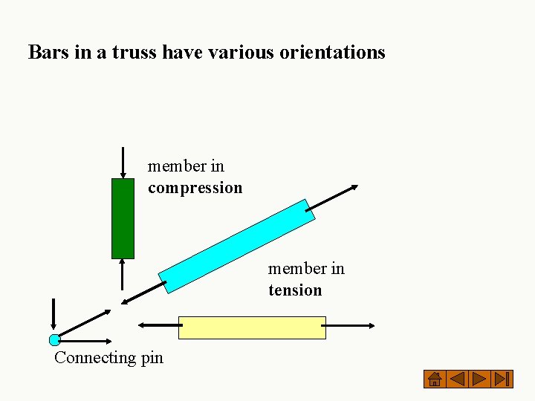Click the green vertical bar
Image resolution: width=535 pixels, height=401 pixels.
(x=123, y=218)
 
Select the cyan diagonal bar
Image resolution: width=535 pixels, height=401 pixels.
(x=237, y=245)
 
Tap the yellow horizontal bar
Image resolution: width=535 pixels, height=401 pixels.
(x=252, y=327)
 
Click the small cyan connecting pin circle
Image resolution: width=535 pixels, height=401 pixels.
(x=54, y=340)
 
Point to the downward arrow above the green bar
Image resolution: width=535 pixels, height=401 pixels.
(x=123, y=162)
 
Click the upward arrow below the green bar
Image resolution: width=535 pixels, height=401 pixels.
(x=123, y=275)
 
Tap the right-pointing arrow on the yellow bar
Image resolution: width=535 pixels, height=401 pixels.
(x=350, y=325)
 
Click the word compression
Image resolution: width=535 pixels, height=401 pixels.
(x=195, y=188)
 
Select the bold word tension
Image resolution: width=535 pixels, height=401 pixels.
(x=295, y=290)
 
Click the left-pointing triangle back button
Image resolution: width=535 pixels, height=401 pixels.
(x=458, y=379)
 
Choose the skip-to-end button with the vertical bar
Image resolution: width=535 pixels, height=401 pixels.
(x=503, y=379)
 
